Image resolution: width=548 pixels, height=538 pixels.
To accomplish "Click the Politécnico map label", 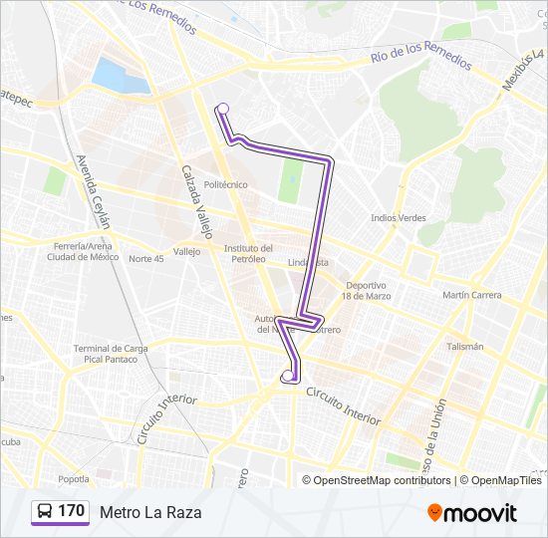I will (x=225, y=184).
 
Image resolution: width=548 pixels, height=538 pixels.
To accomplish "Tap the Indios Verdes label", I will (x=398, y=217).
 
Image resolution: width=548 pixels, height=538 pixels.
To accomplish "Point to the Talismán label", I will (x=464, y=347).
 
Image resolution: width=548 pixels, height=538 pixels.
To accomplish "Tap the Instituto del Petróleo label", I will (x=248, y=253).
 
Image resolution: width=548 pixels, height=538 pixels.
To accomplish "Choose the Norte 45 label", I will (x=145, y=258).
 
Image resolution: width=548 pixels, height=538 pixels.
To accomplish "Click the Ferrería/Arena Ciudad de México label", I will (x=83, y=251).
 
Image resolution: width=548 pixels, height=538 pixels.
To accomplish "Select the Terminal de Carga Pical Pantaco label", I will (x=111, y=353).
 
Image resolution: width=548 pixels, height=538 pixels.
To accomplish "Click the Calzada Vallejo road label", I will (x=195, y=200).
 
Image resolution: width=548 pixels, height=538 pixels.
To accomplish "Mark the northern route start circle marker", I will (x=222, y=109).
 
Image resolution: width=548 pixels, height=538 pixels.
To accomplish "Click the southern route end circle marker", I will (x=288, y=376).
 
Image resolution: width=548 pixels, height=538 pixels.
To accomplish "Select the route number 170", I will (x=71, y=511).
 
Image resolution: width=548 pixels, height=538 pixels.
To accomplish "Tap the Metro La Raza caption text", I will (x=149, y=512).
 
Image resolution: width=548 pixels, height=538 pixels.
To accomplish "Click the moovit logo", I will (x=472, y=513).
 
